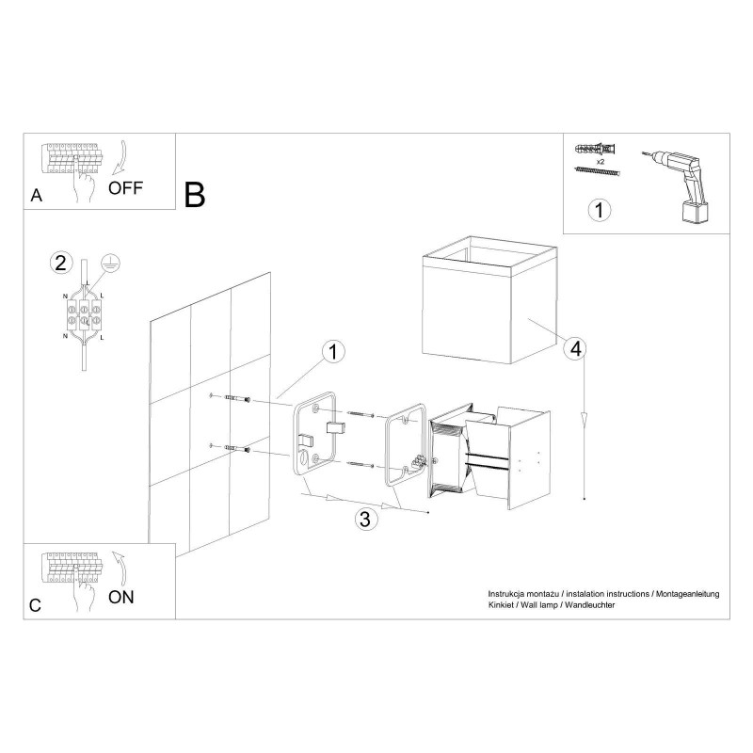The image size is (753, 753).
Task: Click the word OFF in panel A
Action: (125, 186)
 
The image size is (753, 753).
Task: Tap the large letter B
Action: (195, 195)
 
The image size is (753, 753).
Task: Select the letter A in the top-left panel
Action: (36, 196)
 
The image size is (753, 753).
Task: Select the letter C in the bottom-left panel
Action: (36, 606)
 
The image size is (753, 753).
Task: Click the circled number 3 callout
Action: (368, 518)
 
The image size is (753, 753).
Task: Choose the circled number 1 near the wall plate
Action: (330, 352)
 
